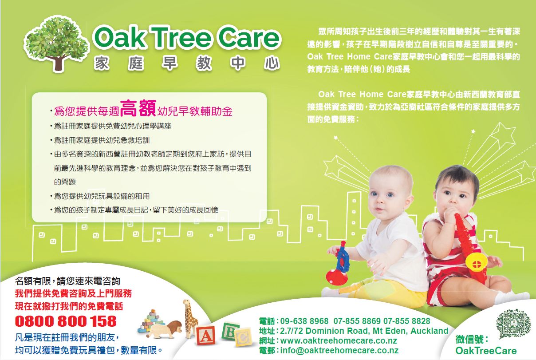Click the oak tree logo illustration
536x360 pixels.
57,44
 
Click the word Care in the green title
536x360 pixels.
249,38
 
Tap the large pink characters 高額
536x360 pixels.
138,108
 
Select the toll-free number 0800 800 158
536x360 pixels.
66,321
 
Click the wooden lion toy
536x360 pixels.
165,329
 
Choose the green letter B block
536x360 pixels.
230,331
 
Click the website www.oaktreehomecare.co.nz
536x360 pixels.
339,340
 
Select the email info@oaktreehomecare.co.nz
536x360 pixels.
339,350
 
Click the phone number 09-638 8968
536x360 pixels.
304,321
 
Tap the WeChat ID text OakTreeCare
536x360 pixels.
486,351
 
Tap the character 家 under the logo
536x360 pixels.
102,63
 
